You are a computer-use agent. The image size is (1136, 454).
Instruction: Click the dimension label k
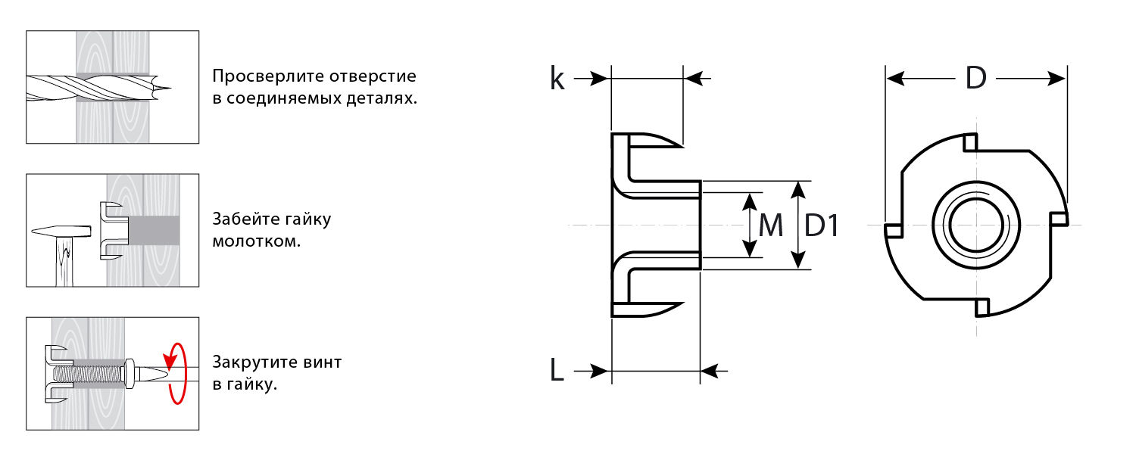tap(557, 79)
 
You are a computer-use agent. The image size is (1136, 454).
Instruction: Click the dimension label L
tap(557, 371)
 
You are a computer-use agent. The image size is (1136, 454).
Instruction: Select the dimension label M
tap(770, 225)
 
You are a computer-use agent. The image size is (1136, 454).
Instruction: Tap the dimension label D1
tap(822, 225)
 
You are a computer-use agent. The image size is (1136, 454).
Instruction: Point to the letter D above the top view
tap(975, 79)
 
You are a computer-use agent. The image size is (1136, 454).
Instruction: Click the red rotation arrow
tap(176, 373)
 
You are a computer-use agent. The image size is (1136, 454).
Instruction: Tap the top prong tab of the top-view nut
tap(970, 141)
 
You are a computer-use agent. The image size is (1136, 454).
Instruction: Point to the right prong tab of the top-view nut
tap(1059, 219)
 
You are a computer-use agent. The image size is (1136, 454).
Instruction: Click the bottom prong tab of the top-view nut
tap(982, 307)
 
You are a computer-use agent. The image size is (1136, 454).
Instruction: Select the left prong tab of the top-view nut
tap(893, 230)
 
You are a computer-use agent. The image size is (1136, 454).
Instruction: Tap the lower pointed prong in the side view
tap(648, 309)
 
